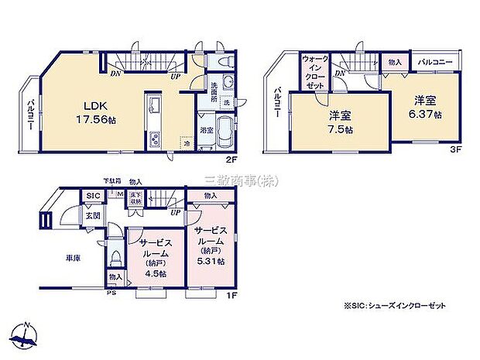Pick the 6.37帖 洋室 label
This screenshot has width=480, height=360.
click(x=427, y=105)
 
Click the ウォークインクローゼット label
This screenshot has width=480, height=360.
click(x=315, y=73)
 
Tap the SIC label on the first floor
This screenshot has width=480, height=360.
click(x=92, y=196)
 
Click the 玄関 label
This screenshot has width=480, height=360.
click(x=92, y=216)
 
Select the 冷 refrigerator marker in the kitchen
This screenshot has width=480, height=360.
click(x=187, y=142)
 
